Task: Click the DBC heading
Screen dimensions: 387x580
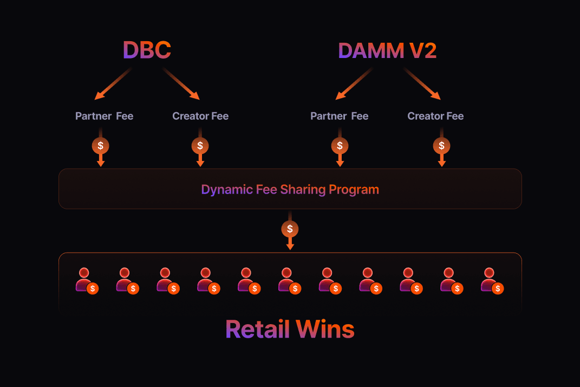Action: coord(147,50)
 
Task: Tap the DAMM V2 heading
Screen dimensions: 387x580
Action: coord(387,51)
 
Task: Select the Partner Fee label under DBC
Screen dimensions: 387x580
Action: coord(104,116)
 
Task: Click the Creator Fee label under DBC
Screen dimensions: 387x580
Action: coord(200,116)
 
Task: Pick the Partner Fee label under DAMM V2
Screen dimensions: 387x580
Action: coord(339,116)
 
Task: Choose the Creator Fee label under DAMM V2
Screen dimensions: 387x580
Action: coord(435,116)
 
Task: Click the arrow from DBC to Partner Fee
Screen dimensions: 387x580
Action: coord(114,84)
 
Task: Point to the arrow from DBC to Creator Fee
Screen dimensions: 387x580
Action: coord(181,84)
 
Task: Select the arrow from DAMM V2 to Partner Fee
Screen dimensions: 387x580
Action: coord(354,84)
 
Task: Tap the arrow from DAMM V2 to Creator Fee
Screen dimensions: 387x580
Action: coord(421,84)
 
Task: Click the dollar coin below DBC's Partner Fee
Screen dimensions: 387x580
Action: coord(100,145)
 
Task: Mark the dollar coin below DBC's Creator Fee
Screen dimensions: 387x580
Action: coord(200,145)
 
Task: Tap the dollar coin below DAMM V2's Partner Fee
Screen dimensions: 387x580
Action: coord(340,145)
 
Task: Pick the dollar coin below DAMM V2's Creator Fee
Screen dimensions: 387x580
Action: coord(441,145)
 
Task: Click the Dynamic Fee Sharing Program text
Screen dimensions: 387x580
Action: coord(290,190)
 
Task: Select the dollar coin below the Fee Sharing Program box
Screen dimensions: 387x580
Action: coord(290,229)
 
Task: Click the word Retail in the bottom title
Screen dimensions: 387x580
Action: coord(257,329)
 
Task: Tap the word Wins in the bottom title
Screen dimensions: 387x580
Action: coord(325,329)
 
